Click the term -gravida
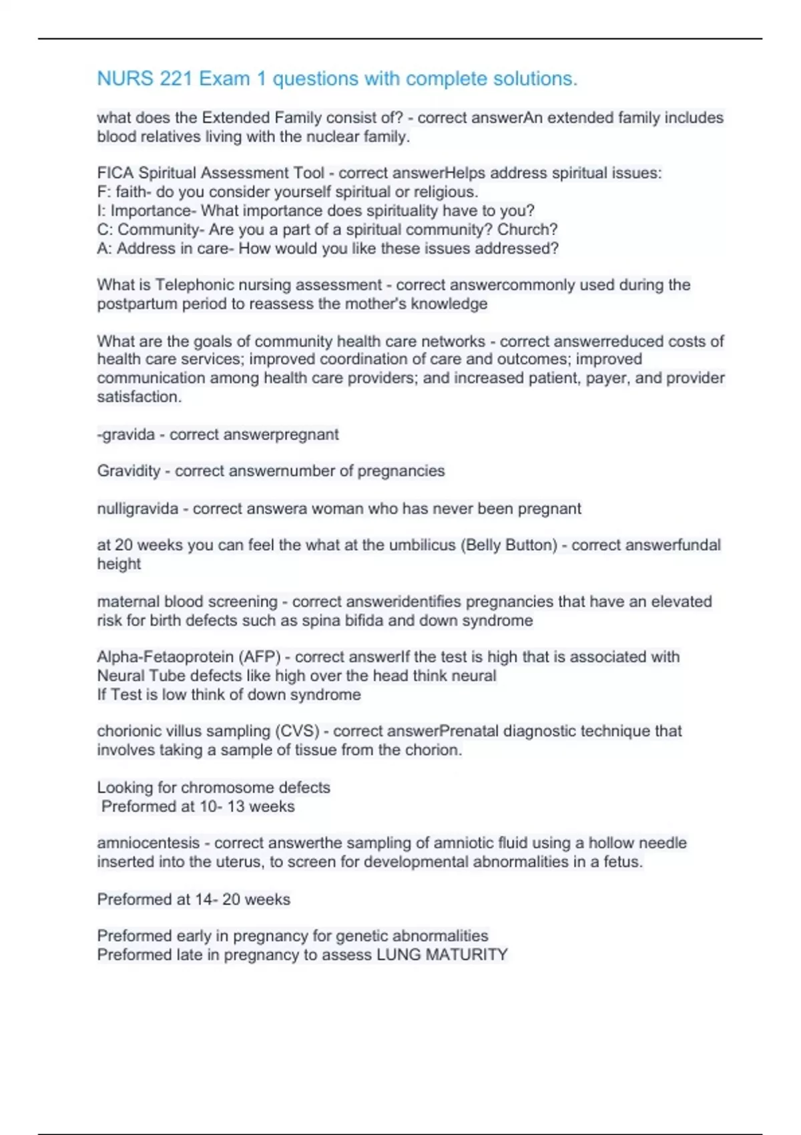(125, 435)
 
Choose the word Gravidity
(128, 471)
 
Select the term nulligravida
(138, 509)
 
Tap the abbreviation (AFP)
(259, 657)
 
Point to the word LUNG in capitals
(398, 955)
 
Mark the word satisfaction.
(138, 397)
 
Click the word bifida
(361, 620)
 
